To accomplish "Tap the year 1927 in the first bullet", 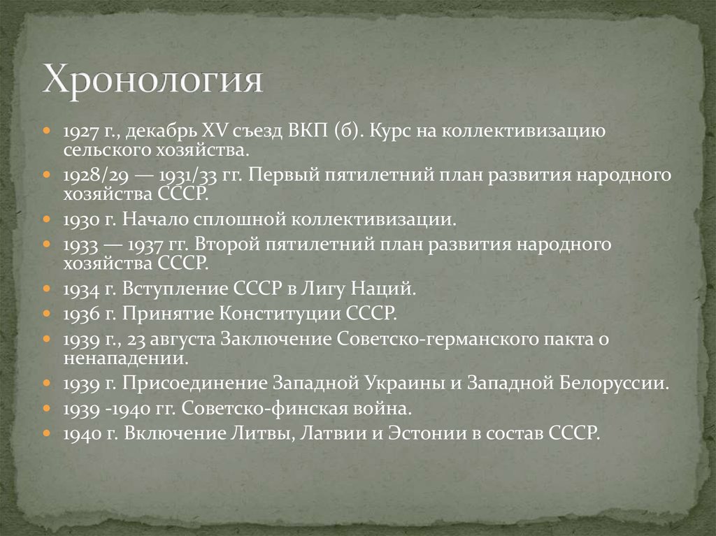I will (x=77, y=131).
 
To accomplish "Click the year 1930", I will (x=77, y=219).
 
